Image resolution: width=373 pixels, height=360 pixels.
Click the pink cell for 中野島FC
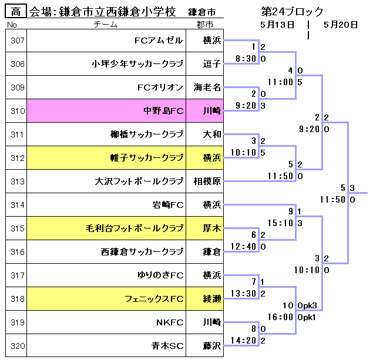pyautogui.click(x=106, y=110)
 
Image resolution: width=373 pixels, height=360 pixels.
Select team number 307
pyautogui.click(x=18, y=41)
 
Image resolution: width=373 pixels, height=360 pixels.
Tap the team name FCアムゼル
pyautogui.click(x=159, y=41)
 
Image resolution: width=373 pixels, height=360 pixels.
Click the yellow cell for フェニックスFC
pyautogui.click(x=106, y=299)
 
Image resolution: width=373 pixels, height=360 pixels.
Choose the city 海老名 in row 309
pyautogui.click(x=208, y=88)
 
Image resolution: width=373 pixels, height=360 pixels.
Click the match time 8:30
pyautogui.click(x=244, y=59)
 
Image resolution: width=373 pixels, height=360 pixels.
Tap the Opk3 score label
pyautogui.click(x=307, y=305)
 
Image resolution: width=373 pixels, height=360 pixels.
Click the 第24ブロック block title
pyautogui.click(x=293, y=12)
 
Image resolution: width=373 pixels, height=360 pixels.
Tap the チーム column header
pyautogui.click(x=106, y=25)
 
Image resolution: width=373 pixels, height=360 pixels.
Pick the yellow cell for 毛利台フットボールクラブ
pyautogui.click(x=106, y=228)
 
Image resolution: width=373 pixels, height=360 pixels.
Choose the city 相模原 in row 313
pyautogui.click(x=208, y=181)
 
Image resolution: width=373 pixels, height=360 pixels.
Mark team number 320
pyautogui.click(x=18, y=346)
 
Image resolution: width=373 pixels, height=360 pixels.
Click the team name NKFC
pyautogui.click(x=170, y=322)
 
